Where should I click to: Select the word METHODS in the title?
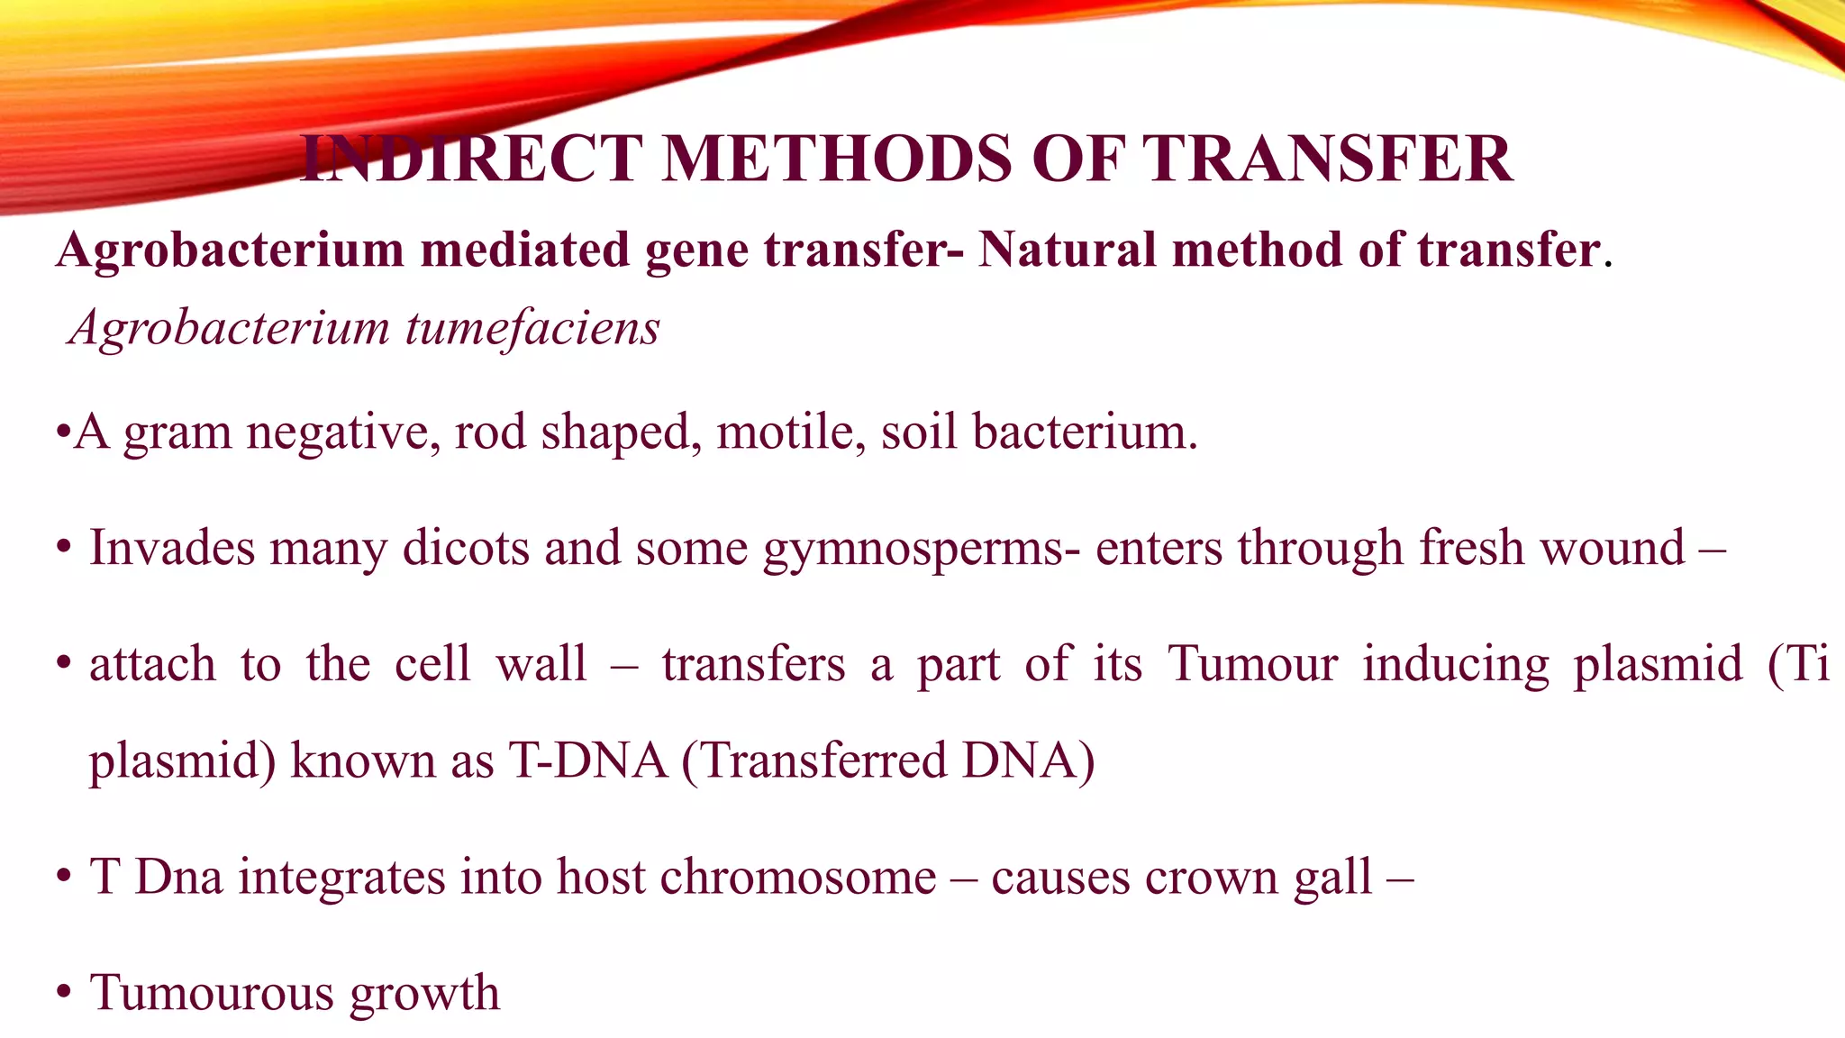pyautogui.click(x=838, y=159)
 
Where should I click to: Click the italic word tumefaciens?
pyautogui.click(x=532, y=328)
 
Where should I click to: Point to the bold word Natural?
pyautogui.click(x=1068, y=250)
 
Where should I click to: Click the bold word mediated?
pyautogui.click(x=524, y=250)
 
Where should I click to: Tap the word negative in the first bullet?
pyautogui.click(x=343, y=433)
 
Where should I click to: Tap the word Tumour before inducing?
pyautogui.click(x=1252, y=664)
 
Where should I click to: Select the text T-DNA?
pyautogui.click(x=587, y=760)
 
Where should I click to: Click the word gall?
pyautogui.click(x=1333, y=879)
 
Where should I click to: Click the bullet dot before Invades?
pyautogui.click(x=63, y=548)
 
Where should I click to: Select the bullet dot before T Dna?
pyautogui.click(x=63, y=877)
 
